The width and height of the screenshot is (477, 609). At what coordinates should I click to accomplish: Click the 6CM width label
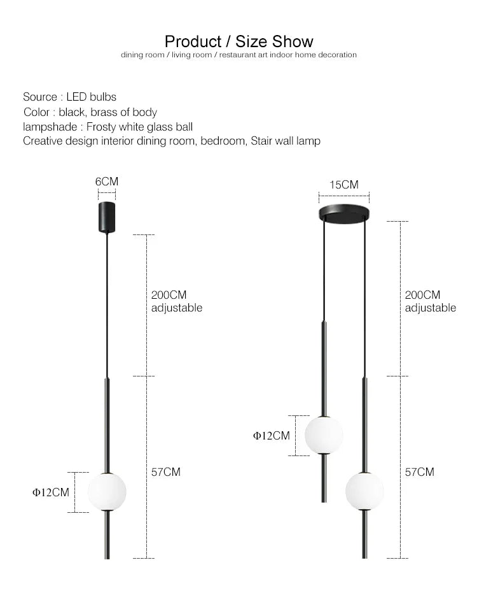pos(107,182)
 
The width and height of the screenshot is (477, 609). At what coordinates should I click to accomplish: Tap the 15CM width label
pos(344,185)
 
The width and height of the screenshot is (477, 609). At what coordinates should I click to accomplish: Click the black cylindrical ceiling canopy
pos(107,217)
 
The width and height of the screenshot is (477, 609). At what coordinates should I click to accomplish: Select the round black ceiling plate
pos(344,214)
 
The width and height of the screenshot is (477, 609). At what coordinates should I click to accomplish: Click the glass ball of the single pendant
pos(107,492)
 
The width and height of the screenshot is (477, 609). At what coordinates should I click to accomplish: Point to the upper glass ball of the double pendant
pos(324,435)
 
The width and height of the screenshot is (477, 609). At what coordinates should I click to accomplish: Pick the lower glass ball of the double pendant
pos(364,491)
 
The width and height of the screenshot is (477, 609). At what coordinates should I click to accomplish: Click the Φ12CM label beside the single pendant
pos(51,492)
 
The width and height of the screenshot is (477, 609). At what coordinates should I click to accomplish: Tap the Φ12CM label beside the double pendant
pos(272,436)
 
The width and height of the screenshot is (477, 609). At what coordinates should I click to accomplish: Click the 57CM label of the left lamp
pos(166,472)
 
